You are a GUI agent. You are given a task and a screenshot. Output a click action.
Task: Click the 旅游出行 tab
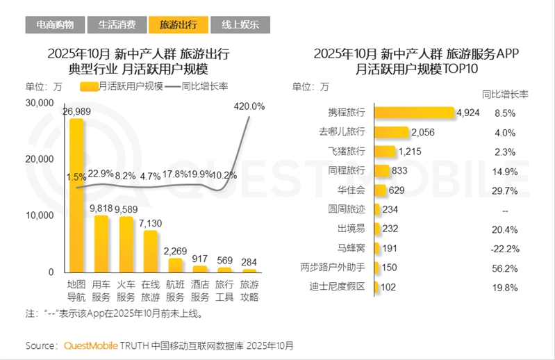coord(178,25)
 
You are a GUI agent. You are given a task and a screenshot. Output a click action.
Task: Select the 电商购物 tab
coord(55,25)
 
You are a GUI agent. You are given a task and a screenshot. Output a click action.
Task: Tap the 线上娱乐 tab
coord(240,25)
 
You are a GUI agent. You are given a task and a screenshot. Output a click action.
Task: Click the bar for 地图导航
coord(76,195)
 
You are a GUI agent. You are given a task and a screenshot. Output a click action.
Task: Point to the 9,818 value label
coord(102,208)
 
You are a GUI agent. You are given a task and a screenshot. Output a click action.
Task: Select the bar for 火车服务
coord(126,244)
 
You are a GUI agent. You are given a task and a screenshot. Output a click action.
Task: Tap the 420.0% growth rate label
coord(249,106)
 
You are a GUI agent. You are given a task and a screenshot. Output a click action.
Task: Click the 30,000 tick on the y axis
coord(40,103)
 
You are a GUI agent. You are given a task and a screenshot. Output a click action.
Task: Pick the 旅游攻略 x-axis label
coord(249,291)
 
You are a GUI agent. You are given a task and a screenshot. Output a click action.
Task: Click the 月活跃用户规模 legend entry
coord(122,86)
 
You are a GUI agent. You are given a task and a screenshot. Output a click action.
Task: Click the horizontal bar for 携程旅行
coord(414,113)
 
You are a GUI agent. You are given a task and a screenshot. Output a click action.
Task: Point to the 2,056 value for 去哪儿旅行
coord(422,132)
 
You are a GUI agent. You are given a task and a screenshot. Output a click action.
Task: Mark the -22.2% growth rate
coord(504,247)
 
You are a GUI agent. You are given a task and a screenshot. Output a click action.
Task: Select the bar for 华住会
coord(379,190)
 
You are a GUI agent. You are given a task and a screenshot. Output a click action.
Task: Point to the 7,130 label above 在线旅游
coord(151,222)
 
